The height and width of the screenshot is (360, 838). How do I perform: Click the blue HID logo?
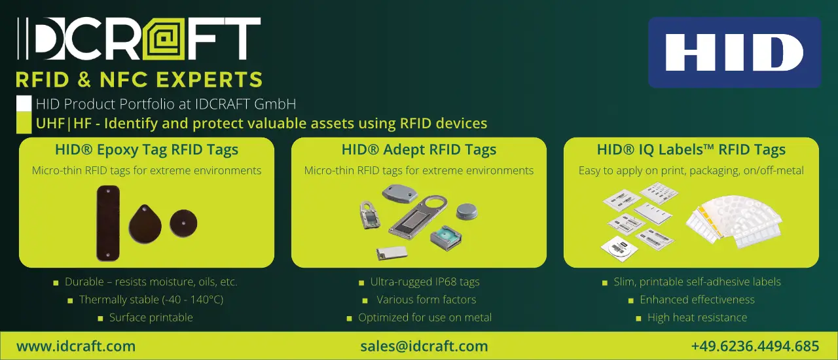click(x=735, y=52)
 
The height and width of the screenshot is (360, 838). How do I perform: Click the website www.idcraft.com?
click(x=76, y=346)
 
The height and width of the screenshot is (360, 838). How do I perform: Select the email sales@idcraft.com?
click(x=424, y=346)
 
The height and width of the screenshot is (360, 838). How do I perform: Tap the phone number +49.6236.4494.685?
click(x=755, y=346)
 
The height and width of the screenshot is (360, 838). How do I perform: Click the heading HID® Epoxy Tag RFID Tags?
click(x=147, y=150)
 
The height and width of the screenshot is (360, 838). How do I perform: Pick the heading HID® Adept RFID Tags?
click(x=419, y=150)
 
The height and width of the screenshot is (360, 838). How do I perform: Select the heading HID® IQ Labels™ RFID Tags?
click(x=691, y=150)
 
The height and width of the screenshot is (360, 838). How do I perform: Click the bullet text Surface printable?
click(x=151, y=317)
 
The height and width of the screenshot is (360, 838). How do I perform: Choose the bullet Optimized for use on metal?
click(x=425, y=317)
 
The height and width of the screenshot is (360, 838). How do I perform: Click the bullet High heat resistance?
click(x=697, y=317)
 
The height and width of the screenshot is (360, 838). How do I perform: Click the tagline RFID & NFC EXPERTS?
click(x=139, y=80)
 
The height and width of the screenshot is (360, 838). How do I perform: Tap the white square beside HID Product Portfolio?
click(x=24, y=103)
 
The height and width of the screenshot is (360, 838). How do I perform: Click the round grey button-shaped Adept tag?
click(x=467, y=212)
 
